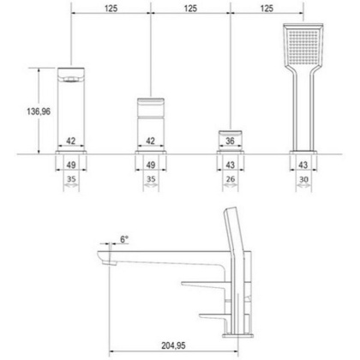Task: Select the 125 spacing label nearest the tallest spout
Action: (x=110, y=8)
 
